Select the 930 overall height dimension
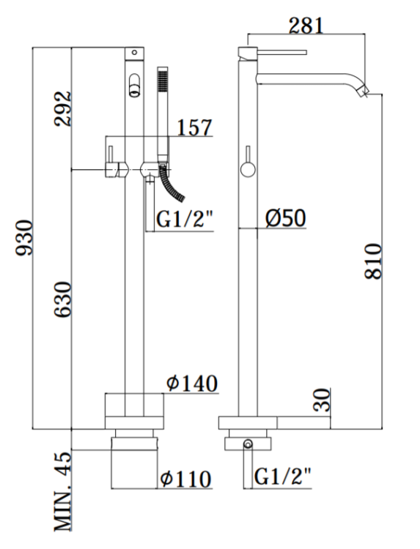click(x=24, y=238)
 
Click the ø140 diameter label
click(x=192, y=383)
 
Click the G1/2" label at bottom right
click(x=282, y=477)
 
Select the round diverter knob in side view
click(x=247, y=170)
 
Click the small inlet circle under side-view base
click(x=247, y=444)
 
